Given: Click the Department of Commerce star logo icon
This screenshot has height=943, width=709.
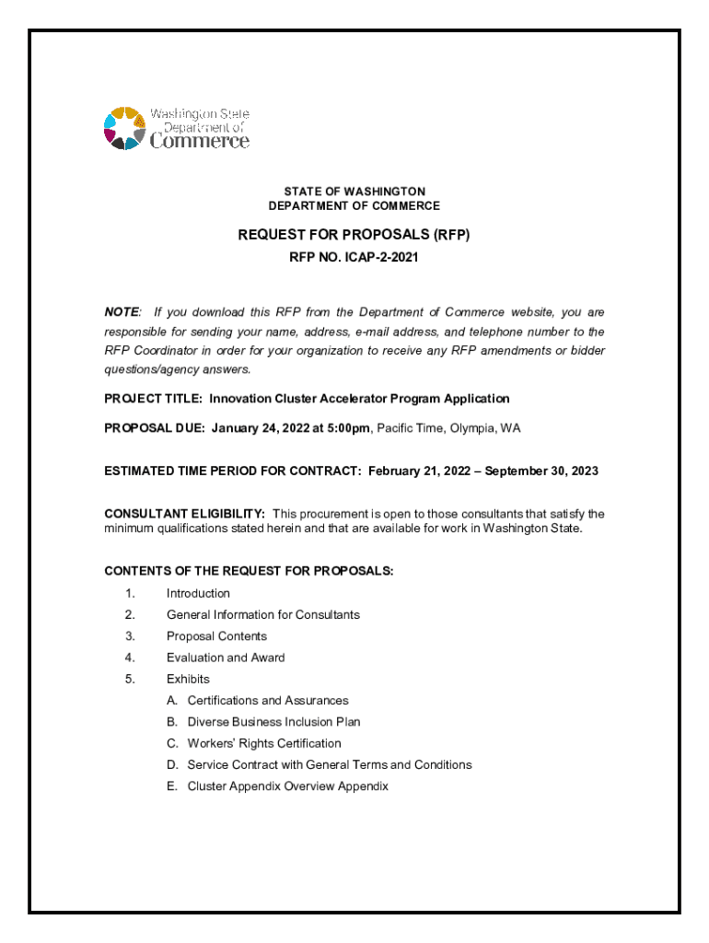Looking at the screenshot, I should [x=124, y=128].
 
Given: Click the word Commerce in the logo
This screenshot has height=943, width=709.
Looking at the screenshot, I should [x=199, y=141].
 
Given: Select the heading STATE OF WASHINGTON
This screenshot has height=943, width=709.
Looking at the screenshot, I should [x=354, y=192].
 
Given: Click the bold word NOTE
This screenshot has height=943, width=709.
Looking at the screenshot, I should [x=122, y=313].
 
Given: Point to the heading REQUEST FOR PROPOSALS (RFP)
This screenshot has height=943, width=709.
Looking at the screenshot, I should [x=354, y=235].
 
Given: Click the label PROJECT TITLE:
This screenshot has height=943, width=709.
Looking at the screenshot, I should [x=154, y=399].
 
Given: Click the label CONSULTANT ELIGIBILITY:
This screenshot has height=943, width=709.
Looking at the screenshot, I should [x=185, y=514].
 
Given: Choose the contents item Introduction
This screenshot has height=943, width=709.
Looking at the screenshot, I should [x=198, y=593].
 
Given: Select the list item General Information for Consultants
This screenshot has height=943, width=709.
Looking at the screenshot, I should [x=263, y=614].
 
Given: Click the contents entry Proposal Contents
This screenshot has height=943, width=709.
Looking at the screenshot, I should [x=216, y=636].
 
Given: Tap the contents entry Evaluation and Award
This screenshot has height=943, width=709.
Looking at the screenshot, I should [x=226, y=658].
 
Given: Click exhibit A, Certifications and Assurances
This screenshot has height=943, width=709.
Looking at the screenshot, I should [x=267, y=701].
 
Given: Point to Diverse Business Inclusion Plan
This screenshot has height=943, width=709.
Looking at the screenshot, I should [x=273, y=722].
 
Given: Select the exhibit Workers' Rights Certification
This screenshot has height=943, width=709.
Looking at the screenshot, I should [x=263, y=743].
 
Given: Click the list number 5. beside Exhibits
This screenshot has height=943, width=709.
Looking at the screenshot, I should [x=130, y=679].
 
